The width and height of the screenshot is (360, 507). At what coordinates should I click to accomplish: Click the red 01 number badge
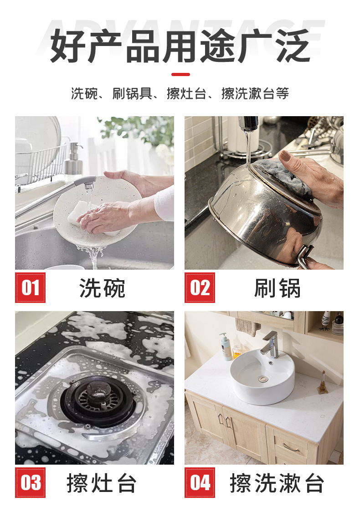coord(30,287)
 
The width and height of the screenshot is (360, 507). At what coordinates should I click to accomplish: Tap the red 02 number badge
coord(200,287)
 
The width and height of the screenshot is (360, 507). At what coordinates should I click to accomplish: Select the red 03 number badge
coord(30,482)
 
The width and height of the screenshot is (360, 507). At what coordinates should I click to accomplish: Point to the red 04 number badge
coord(200,482)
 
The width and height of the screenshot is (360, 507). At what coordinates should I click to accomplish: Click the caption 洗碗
coord(102,288)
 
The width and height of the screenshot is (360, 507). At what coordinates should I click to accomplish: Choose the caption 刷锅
coord(277,288)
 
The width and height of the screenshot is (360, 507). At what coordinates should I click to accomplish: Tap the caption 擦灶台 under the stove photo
coord(101,483)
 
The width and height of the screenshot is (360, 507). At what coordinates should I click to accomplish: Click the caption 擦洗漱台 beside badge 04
coord(277,483)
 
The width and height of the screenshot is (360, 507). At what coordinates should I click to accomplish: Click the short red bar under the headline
coord(180,74)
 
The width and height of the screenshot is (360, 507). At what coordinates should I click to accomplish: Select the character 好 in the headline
coord(67,46)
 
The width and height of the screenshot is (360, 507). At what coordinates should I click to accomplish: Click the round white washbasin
coord(262,376)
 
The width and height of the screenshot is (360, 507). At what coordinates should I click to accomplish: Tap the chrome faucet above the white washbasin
coord(271,344)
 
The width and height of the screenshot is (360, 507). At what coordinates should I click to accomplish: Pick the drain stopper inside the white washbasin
coord(262,379)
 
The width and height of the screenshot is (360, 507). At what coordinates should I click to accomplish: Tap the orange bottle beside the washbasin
coord(237,351)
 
